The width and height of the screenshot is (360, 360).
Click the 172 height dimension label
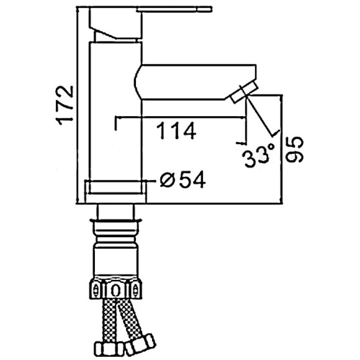click(66, 105)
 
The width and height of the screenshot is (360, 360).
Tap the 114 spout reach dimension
click(176, 130)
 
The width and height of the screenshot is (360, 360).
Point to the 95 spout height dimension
click(295, 150)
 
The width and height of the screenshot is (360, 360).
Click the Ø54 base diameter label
click(182, 180)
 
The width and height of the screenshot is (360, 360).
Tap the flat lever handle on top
click(174, 9)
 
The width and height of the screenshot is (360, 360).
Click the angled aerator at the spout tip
click(244, 92)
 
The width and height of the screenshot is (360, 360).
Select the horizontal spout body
click(195, 82)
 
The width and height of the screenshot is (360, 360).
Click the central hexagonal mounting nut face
click(115, 290)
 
